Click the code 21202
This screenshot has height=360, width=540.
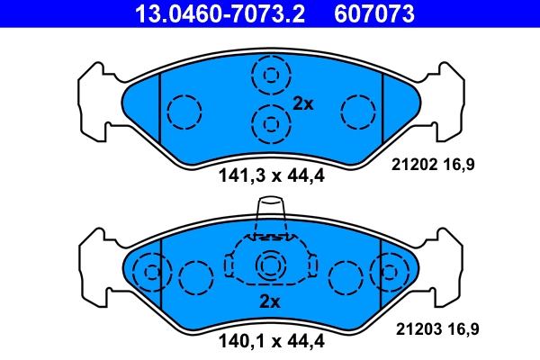(410, 165)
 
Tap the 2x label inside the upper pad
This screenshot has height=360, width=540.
(302, 104)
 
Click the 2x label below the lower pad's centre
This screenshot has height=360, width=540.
(270, 301)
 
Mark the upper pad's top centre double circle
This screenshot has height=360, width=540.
(270, 75)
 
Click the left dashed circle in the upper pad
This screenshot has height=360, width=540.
(184, 112)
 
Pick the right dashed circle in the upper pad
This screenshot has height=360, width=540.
(357, 112)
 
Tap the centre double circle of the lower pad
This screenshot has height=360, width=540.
(270, 266)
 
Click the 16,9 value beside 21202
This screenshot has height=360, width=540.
(463, 165)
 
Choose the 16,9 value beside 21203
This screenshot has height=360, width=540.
(463, 329)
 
